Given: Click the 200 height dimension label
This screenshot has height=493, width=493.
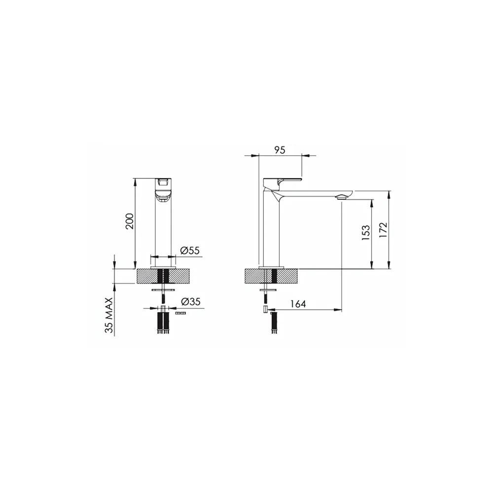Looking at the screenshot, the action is pos(130,221).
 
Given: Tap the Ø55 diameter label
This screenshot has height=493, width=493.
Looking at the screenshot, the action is pos(190,250).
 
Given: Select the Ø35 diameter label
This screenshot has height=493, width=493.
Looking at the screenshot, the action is pos(191,302).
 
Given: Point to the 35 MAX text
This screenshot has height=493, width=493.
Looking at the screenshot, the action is pos(109,315).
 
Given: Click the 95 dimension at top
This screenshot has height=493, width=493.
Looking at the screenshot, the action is pos(280,150).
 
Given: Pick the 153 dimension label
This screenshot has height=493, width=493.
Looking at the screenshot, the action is pos(366,233).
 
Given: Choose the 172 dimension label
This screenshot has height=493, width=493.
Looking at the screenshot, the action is pos(384,230).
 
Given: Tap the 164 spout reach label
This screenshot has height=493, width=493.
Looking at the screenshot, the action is pos(298,304).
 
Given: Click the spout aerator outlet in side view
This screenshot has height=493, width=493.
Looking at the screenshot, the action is pos(342,198).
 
